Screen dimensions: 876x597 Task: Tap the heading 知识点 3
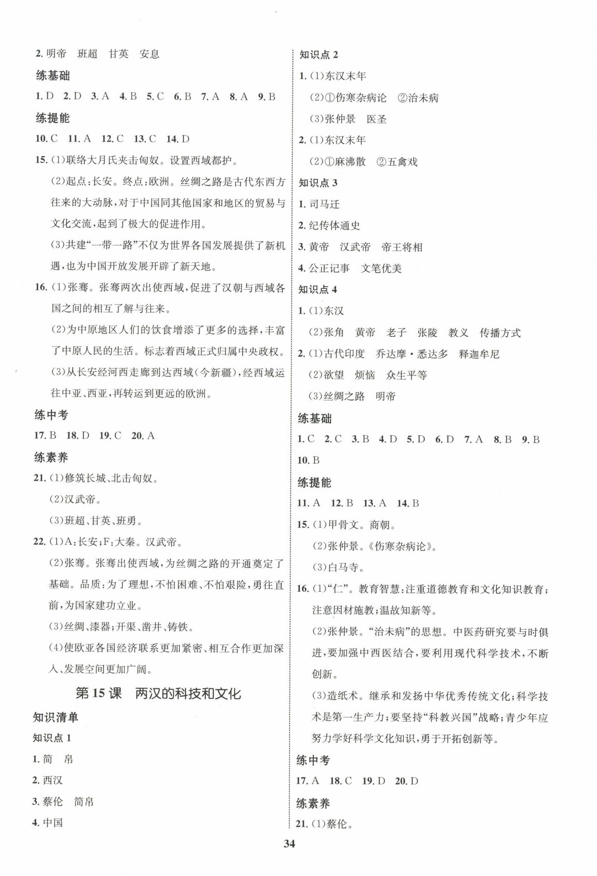click(318, 183)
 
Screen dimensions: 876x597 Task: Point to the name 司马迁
click(324, 204)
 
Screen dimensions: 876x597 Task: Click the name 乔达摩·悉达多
click(412, 354)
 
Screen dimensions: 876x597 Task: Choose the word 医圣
click(377, 120)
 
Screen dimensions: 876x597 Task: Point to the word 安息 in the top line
click(149, 54)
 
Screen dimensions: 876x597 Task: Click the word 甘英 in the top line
click(118, 54)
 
